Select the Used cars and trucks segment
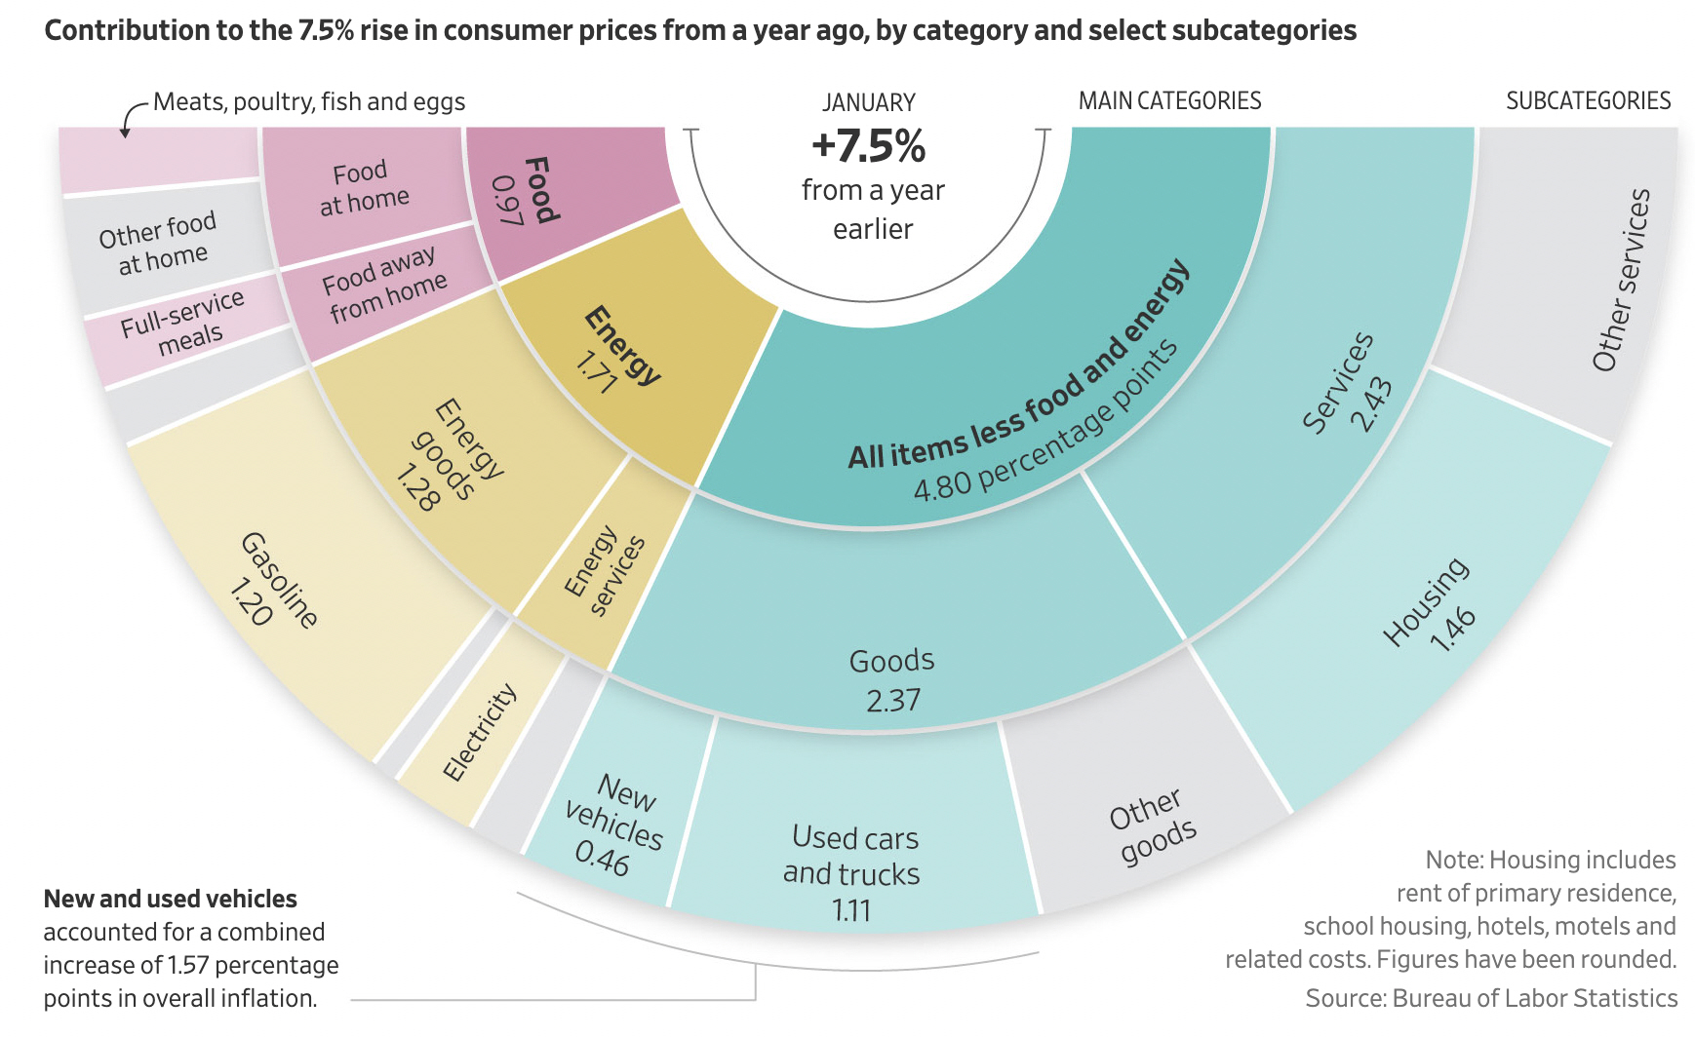tap(852, 858)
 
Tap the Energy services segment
tap(605, 575)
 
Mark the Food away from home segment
tap(384, 285)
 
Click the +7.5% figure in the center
tap(868, 146)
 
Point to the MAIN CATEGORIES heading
tap(1169, 101)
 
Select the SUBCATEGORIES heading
tap(1588, 101)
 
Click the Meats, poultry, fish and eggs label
tap(309, 102)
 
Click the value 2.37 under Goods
tap(892, 701)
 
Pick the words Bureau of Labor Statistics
tap(1534, 998)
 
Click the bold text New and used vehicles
tap(171, 899)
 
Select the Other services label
tap(1621, 281)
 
